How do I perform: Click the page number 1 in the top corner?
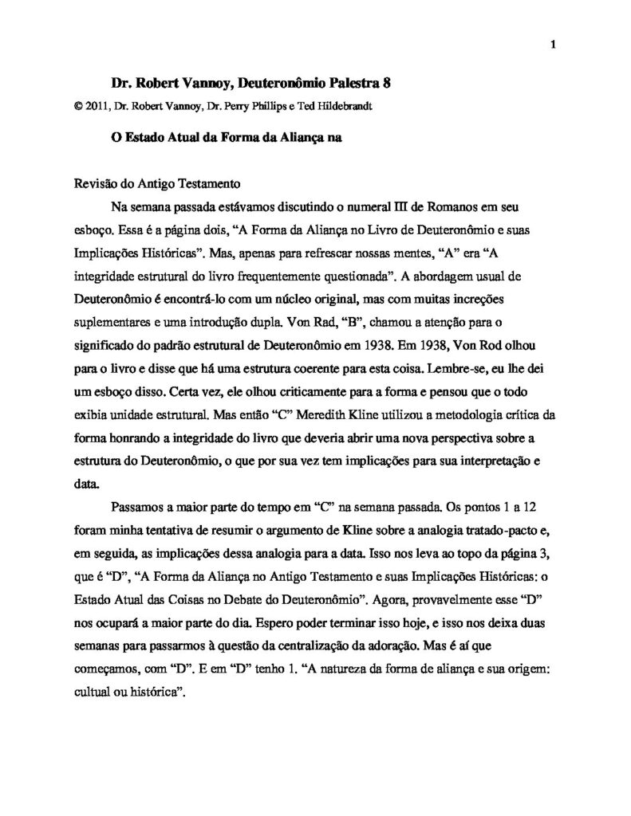[553, 45]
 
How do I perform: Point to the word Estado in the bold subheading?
[150, 136]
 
